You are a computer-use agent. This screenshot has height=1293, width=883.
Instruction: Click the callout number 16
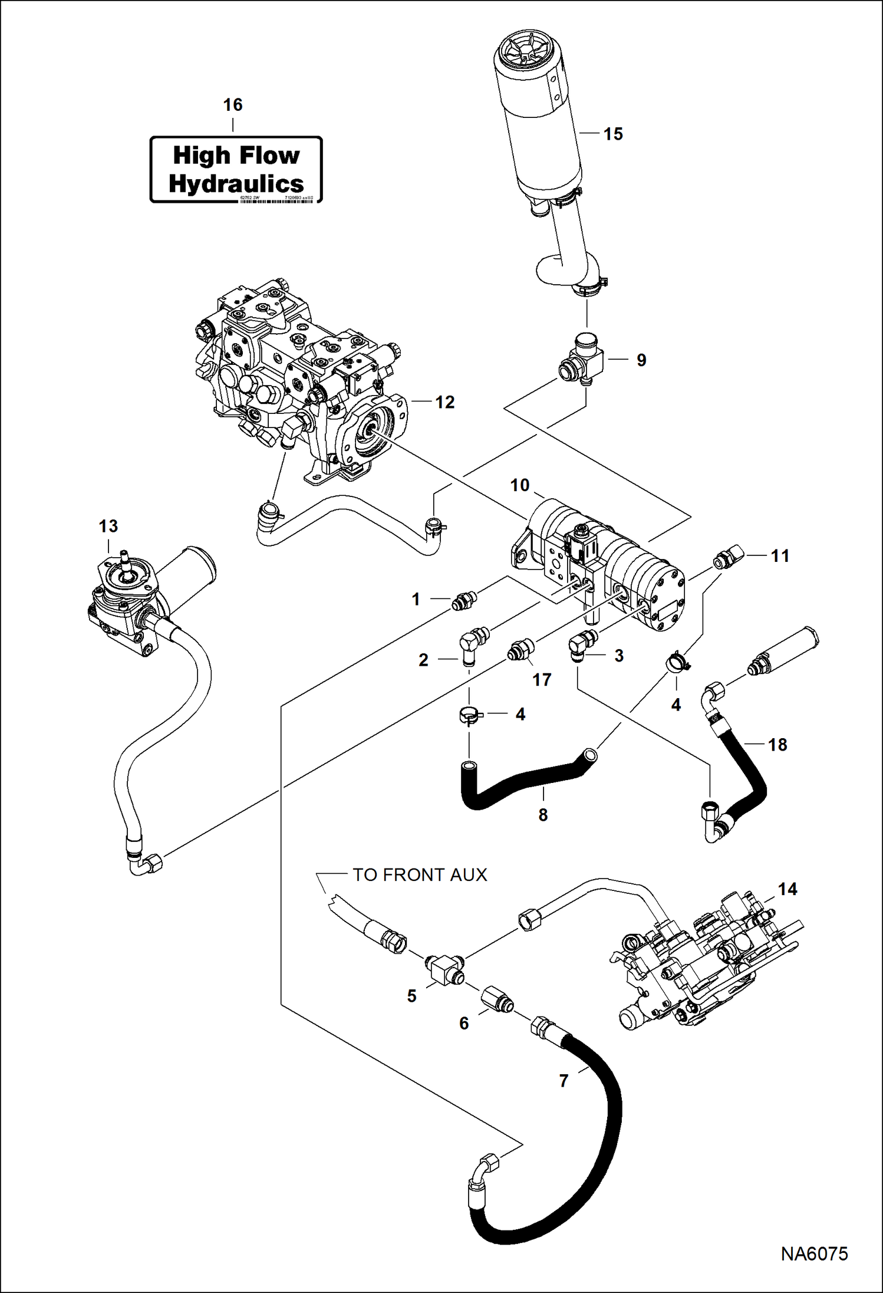click(x=232, y=105)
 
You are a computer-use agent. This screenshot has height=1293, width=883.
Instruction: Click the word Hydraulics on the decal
click(x=236, y=183)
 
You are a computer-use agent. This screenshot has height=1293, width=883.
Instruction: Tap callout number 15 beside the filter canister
click(x=613, y=134)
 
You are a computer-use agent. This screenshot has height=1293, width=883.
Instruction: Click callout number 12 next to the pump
click(x=445, y=402)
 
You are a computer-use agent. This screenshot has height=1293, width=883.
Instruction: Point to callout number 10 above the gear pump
click(x=519, y=485)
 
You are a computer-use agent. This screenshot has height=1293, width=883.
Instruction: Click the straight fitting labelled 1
click(x=464, y=601)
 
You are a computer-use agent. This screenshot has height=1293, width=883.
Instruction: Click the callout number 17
click(x=542, y=679)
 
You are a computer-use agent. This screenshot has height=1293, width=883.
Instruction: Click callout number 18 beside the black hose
click(x=777, y=745)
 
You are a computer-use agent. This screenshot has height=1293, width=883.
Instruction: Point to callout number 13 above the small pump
click(x=108, y=526)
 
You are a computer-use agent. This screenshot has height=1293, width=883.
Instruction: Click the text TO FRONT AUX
click(x=420, y=874)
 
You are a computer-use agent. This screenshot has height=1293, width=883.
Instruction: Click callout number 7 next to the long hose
click(x=564, y=1081)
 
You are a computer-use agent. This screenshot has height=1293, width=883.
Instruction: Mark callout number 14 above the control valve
click(x=788, y=889)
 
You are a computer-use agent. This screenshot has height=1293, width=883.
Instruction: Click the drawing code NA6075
click(x=814, y=1253)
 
